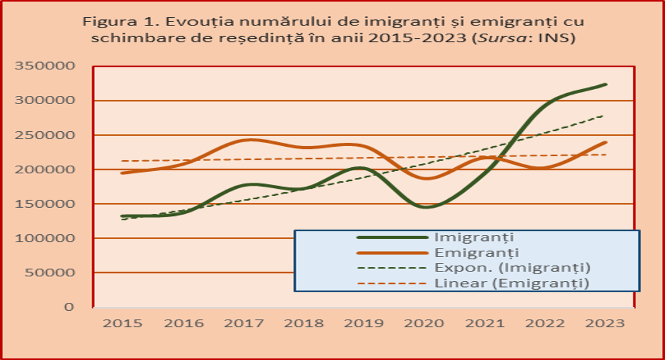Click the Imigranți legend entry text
[x=475, y=237]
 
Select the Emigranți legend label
[x=477, y=253]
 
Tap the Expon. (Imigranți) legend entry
[x=511, y=268]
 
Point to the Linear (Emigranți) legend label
[x=511, y=284]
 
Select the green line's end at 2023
[x=606, y=85]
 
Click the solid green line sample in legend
[x=392, y=237]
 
